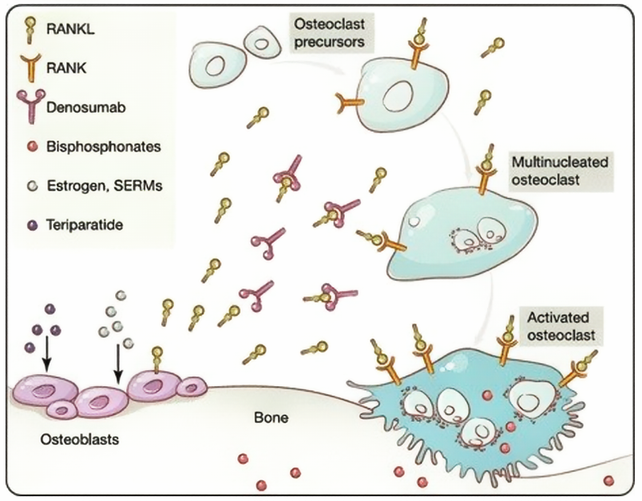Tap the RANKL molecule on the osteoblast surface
click(157, 356)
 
